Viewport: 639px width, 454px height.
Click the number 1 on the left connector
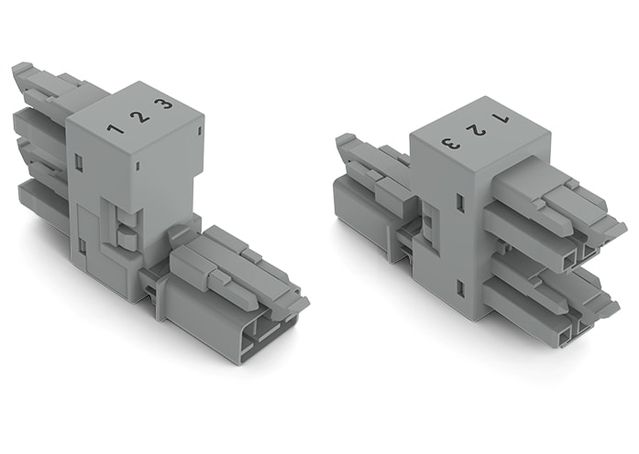point(116,127)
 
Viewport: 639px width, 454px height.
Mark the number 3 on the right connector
point(449,142)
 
